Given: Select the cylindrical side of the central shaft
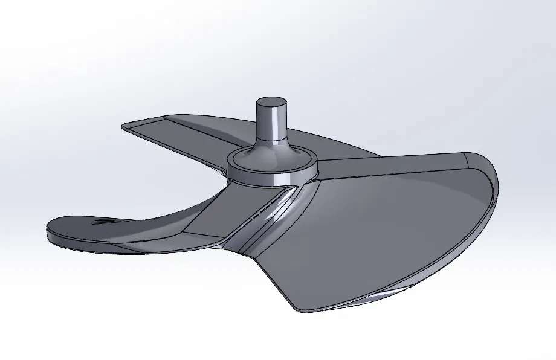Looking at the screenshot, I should tap(271, 121).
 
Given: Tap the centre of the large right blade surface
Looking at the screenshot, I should tap(387, 230).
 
